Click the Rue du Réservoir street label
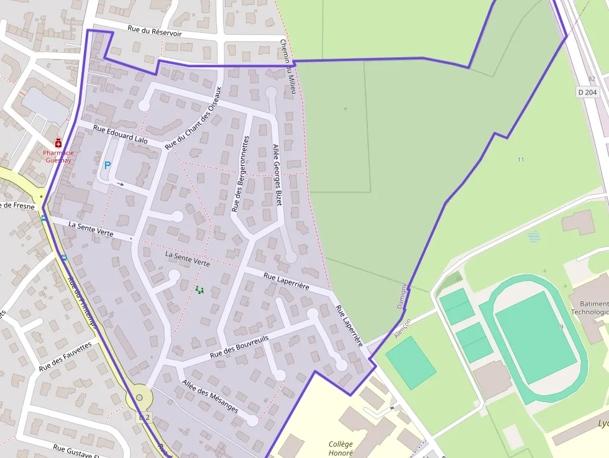pos(155,30)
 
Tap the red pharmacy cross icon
pos(58,142)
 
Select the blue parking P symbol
pos(107,166)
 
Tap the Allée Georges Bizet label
pos(277,175)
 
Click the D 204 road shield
pos(587,92)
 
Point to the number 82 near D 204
pos(592,79)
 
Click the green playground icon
pos(199,290)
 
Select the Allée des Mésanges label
pos(210,396)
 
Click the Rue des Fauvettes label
pos(65,357)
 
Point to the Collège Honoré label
pos(341,448)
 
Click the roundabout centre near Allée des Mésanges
pos(139,398)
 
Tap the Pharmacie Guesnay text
pos(58,156)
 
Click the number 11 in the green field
pos(521,160)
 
